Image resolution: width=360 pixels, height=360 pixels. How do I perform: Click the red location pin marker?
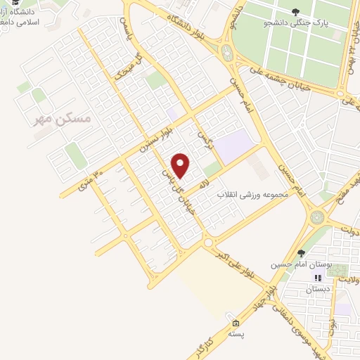click(x=181, y=165)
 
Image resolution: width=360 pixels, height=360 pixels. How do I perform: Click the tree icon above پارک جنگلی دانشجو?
click(x=295, y=11)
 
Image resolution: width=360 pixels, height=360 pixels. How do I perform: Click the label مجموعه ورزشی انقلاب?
click(x=254, y=192)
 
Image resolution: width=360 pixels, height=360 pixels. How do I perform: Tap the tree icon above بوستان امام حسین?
click(x=301, y=253)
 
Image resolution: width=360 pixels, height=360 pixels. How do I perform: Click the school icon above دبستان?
click(x=318, y=278)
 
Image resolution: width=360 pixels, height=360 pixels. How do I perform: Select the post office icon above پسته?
click(x=236, y=323)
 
